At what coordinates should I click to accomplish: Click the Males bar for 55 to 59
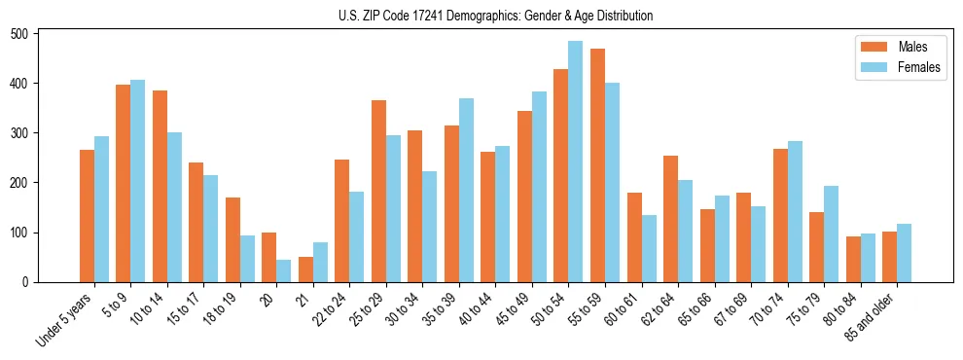point(597,165)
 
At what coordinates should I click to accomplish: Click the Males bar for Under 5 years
point(87,216)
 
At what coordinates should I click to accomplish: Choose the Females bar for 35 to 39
point(466,191)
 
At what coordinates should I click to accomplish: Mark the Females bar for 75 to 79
point(831,234)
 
